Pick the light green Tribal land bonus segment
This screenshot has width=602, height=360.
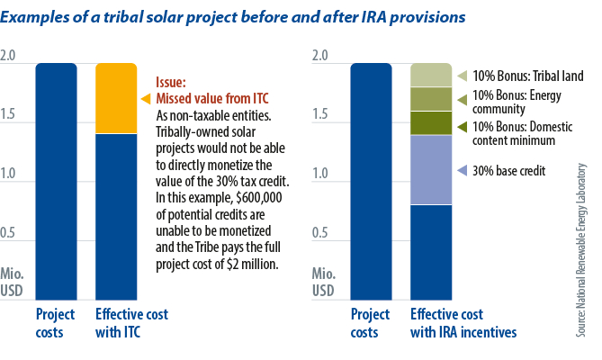431,75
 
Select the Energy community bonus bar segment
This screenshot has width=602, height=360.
431,99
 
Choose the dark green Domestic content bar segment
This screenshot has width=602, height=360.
431,122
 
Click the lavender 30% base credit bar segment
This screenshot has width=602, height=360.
431,169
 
